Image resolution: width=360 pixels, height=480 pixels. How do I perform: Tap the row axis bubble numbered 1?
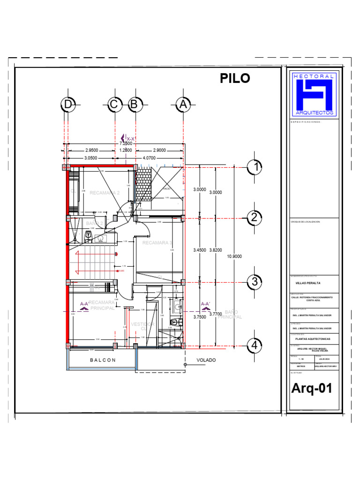point(255,166)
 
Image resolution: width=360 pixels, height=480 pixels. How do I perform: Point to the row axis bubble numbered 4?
point(255,346)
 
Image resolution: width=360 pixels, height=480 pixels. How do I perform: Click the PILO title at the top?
point(235,79)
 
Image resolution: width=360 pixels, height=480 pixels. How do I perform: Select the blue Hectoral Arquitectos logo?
point(313,94)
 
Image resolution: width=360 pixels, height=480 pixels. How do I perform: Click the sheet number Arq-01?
point(312,389)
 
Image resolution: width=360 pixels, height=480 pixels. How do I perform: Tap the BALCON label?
point(103,360)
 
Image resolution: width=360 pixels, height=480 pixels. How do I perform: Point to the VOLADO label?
point(206,360)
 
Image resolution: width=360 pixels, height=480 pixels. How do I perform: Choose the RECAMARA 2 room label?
point(105,193)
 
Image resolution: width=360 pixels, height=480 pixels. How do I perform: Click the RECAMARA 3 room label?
point(157,243)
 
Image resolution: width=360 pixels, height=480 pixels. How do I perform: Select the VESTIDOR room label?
point(142,324)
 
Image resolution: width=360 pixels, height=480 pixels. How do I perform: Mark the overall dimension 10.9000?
point(235,256)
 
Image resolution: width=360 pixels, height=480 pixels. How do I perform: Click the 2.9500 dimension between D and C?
point(91,150)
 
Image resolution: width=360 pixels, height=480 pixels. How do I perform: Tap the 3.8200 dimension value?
point(215,250)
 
